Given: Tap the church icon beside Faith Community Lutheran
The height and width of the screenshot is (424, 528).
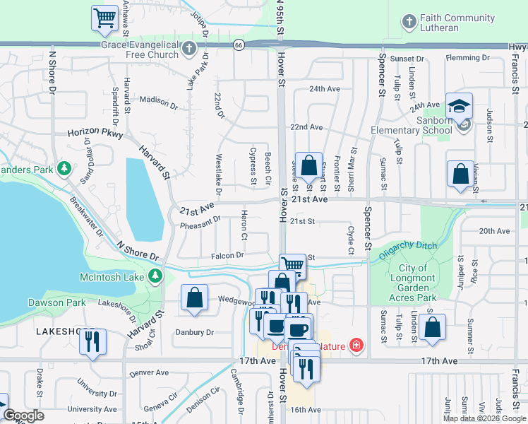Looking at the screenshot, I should pyautogui.click(x=409, y=23).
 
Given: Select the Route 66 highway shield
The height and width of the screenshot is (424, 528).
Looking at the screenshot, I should pyautogui.click(x=239, y=45).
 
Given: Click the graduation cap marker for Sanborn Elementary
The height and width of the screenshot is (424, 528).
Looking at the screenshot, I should pyautogui.click(x=459, y=107).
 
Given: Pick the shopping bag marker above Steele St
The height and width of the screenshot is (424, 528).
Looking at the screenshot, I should pyautogui.click(x=308, y=167).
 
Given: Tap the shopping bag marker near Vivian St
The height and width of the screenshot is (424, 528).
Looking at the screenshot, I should pyautogui.click(x=460, y=174).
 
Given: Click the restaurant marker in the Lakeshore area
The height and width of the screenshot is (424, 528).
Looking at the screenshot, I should pyautogui.click(x=92, y=342).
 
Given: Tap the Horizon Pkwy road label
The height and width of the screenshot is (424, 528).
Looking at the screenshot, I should pyautogui.click(x=95, y=132).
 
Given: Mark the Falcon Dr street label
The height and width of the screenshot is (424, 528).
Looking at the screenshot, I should pyautogui.click(x=227, y=255).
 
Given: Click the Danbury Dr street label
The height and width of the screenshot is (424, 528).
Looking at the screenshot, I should pyautogui.click(x=194, y=332).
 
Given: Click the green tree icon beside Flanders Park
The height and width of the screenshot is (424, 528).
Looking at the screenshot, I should pyautogui.click(x=64, y=169).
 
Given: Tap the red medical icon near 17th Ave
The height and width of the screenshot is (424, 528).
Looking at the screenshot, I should pyautogui.click(x=357, y=345).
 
